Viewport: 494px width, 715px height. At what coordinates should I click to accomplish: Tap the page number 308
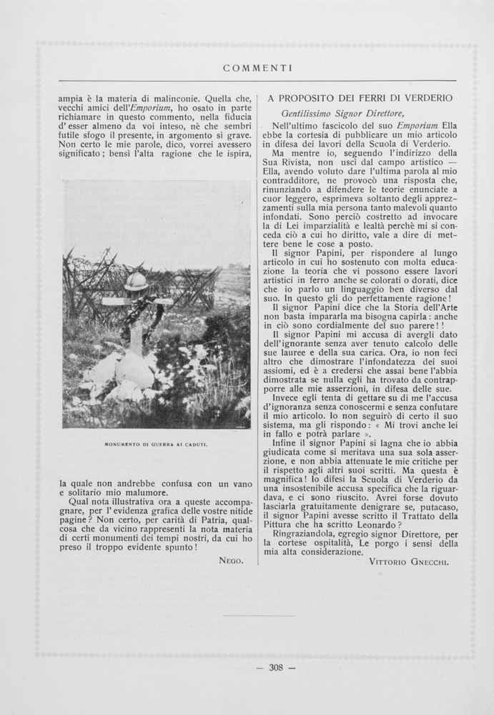pyautogui.click(x=275, y=669)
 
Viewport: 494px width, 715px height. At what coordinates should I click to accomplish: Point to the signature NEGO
pyautogui.click(x=231, y=561)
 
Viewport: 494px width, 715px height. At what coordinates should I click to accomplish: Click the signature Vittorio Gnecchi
pyautogui.click(x=410, y=563)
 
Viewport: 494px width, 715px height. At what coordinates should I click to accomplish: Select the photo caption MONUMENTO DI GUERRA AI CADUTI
pyautogui.click(x=156, y=445)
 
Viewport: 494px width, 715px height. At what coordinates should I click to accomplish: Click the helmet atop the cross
pyautogui.click(x=136, y=282)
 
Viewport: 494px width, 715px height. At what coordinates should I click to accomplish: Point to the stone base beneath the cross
pyautogui.click(x=134, y=370)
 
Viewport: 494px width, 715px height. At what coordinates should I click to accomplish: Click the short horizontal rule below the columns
pyautogui.click(x=258, y=616)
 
